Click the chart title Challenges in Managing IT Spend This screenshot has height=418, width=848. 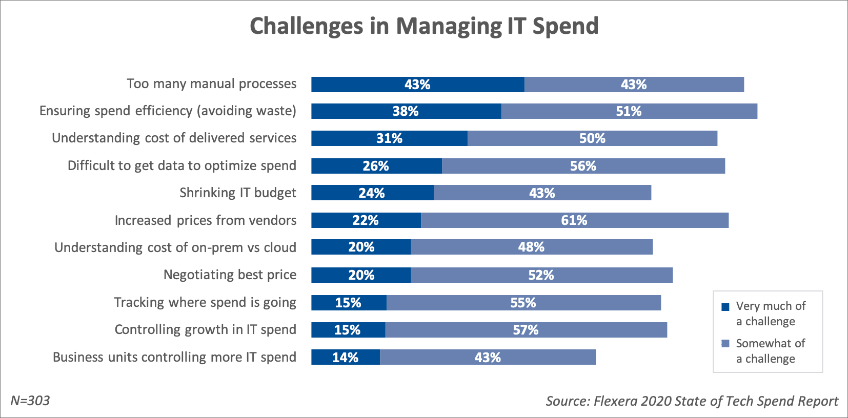click(x=424, y=26)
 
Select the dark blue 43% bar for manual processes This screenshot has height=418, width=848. click(x=417, y=85)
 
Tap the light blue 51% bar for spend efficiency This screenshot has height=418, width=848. click(x=629, y=111)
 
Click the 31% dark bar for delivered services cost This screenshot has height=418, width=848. click(x=389, y=138)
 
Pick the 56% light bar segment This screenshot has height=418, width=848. click(x=583, y=166)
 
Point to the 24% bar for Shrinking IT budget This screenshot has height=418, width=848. click(x=372, y=193)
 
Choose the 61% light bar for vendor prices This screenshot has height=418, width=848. click(x=574, y=220)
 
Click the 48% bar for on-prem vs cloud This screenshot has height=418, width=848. click(x=532, y=247)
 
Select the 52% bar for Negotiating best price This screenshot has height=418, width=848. click(x=541, y=275)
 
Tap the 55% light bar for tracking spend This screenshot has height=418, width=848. click(x=523, y=303)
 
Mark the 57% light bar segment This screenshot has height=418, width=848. click(x=526, y=330)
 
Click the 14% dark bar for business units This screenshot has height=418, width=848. click(x=345, y=358)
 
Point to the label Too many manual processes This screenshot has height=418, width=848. click(x=212, y=84)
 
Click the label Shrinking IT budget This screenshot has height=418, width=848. click(x=238, y=193)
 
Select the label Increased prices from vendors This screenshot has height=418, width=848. click(x=206, y=220)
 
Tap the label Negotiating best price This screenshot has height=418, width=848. click(x=230, y=275)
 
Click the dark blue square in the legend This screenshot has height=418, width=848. click(x=725, y=307)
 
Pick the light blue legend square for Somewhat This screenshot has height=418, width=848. click(x=725, y=344)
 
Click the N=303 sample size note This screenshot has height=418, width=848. click(x=30, y=401)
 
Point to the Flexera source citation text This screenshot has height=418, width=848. click(x=692, y=401)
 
